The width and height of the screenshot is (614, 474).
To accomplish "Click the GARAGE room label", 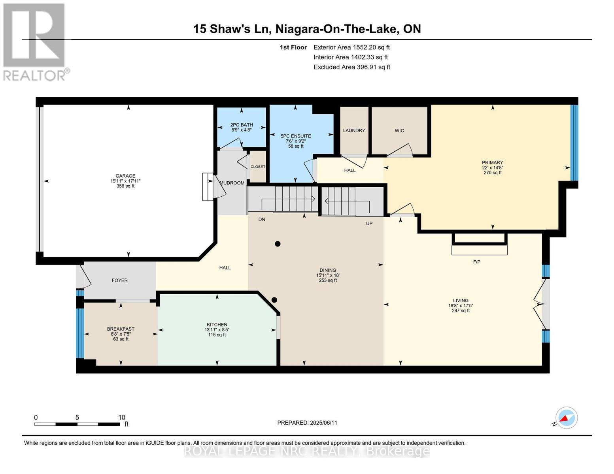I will pyautogui.click(x=125, y=176).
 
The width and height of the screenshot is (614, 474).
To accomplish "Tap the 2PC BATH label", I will pyautogui.click(x=242, y=125).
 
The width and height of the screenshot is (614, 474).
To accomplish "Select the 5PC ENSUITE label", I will pyautogui.click(x=296, y=136).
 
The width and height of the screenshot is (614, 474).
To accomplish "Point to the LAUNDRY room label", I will pyautogui.click(x=354, y=130).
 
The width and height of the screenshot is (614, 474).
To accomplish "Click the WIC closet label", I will pyautogui.click(x=399, y=131).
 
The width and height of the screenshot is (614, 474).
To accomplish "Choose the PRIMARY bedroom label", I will pyautogui.click(x=492, y=163).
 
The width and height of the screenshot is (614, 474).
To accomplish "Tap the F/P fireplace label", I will pyautogui.click(x=477, y=262).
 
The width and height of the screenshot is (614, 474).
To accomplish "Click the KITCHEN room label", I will pyautogui.click(x=217, y=325).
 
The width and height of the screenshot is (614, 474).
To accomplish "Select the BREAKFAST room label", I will pyautogui.click(x=121, y=329).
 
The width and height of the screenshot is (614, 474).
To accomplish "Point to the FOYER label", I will pyautogui.click(x=119, y=280).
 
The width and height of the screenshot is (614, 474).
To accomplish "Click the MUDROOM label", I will pyautogui.click(x=232, y=183).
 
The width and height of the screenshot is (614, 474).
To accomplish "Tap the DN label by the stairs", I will pyautogui.click(x=262, y=219).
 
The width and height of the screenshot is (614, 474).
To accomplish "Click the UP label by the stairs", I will pyautogui.click(x=369, y=224).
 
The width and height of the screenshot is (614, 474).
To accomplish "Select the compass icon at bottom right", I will pyautogui.click(x=566, y=418).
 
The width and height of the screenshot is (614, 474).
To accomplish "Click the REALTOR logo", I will pyautogui.click(x=35, y=41).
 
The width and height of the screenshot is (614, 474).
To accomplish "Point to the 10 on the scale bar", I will pyautogui.click(x=121, y=418).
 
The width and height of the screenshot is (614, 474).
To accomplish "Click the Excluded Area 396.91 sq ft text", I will pyautogui.click(x=351, y=67).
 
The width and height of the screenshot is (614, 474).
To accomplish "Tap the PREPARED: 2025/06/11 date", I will pyautogui.click(x=307, y=423).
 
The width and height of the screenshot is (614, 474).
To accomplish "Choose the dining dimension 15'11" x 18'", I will pyautogui.click(x=328, y=275).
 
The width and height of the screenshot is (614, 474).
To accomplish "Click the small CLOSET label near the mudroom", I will pyautogui.click(x=258, y=167).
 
